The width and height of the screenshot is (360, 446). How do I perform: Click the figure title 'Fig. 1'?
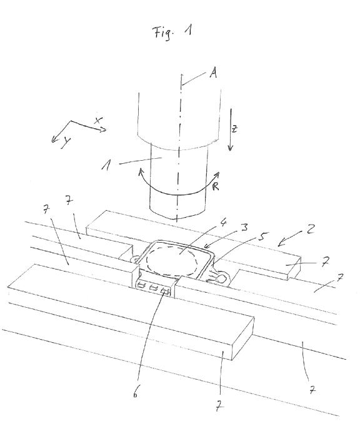point(172,31)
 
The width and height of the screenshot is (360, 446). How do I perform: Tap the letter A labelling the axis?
point(213,73)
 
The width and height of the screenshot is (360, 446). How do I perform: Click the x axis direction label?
point(98,120)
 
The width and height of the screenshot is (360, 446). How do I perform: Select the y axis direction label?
point(66,142)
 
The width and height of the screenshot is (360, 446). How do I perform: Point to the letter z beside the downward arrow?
point(234,129)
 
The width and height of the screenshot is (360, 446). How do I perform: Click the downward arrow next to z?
point(231,129)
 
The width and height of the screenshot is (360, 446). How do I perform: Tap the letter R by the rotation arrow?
point(216,186)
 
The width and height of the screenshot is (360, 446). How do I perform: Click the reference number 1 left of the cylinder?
point(106,165)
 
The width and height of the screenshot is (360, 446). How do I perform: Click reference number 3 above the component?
point(244,227)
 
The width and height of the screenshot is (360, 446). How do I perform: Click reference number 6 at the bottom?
point(136,393)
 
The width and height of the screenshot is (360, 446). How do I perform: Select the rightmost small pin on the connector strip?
point(165,291)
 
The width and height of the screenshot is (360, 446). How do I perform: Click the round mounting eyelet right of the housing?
point(222,279)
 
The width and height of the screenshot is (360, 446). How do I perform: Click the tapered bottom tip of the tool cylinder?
point(177,218)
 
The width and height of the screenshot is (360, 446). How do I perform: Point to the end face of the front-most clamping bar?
point(243,338)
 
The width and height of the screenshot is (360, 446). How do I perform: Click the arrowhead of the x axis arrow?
point(103,129)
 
